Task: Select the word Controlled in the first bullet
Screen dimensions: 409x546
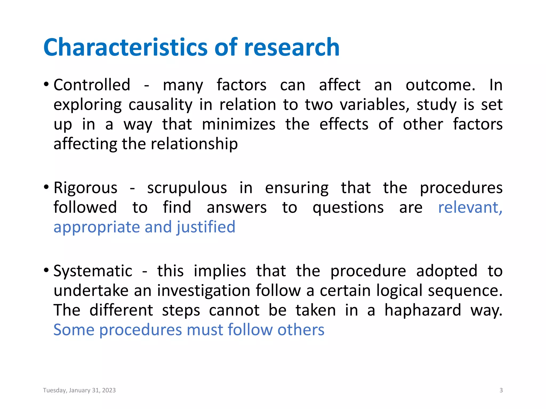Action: coord(92,85)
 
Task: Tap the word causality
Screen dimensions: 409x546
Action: coord(160,105)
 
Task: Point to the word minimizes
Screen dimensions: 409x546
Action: coord(239,124)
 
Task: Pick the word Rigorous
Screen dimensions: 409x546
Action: coord(85,188)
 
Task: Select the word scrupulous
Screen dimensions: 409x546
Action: coord(187,188)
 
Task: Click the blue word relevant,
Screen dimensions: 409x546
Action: coord(470,208)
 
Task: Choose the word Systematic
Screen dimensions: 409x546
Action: coord(93,271)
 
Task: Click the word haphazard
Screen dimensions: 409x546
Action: coord(423,310)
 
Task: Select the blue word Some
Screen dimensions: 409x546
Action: coord(74,330)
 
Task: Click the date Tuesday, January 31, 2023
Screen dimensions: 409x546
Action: coord(79,390)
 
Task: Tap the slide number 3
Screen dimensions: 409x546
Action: coord(501,390)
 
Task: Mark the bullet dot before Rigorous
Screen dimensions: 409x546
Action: coord(46,187)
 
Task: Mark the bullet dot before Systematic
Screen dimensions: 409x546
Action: coord(46,271)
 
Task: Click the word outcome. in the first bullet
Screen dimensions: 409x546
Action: coord(440,85)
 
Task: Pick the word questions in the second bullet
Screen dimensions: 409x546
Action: coord(348,208)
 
